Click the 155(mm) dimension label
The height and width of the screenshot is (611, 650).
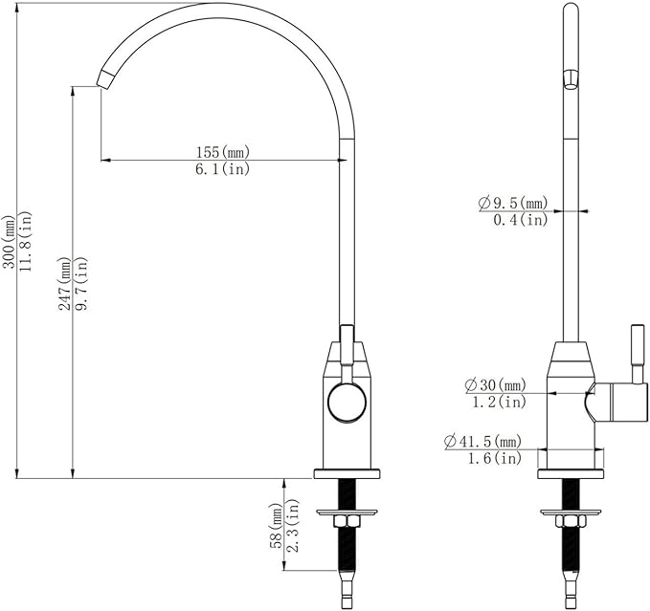pos(222,152)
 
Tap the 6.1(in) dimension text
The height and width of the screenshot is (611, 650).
pos(222,169)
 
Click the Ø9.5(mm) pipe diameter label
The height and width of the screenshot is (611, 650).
pos(512,203)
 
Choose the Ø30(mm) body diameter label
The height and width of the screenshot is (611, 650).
pos(495,384)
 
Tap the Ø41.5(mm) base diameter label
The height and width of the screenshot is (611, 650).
pos(482,442)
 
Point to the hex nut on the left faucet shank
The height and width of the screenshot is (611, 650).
pos(347,519)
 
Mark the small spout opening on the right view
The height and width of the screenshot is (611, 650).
pos(572,78)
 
